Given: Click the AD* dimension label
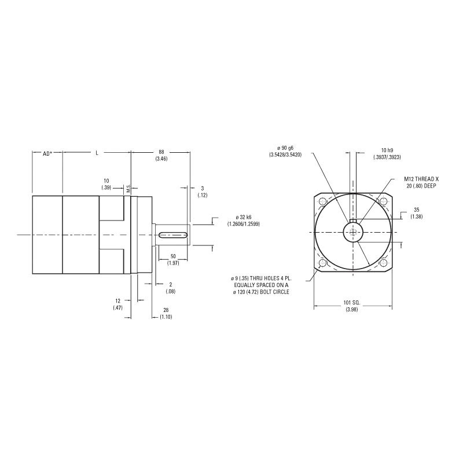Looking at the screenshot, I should coord(47,153).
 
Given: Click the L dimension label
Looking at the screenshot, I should coord(97,153).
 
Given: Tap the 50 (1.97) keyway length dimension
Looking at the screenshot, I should coord(173,260).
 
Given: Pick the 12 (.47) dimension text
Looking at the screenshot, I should coord(118,304).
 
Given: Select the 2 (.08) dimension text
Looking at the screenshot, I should coord(170,288).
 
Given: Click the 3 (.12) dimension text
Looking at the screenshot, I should coord(202,192).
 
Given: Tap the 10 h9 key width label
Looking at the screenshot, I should coord(372,153).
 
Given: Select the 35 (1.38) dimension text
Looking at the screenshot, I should coord(416,212).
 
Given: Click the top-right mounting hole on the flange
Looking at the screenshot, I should coord(383,201).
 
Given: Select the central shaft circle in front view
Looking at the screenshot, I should coord(352,232).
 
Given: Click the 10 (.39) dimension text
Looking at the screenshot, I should coord(106,184).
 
